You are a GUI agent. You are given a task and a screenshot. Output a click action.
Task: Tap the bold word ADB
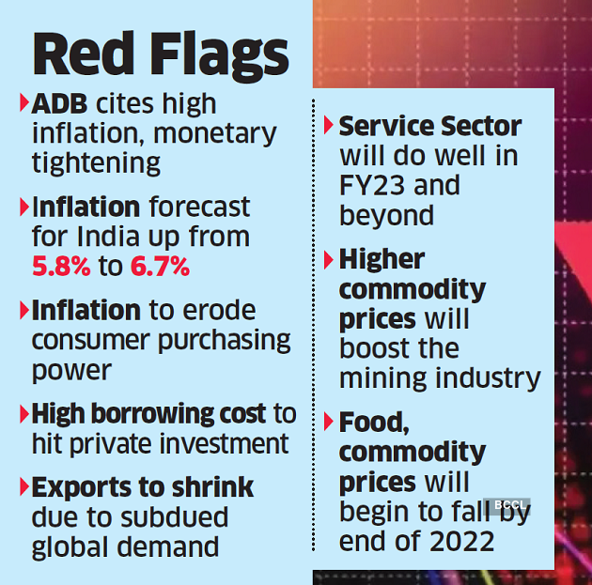click(x=59, y=103)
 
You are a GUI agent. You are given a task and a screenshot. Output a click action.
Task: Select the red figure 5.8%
click(x=60, y=267)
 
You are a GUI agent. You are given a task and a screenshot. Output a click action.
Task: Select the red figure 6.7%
click(x=160, y=267)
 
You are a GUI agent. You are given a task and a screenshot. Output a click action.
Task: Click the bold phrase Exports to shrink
click(x=143, y=487)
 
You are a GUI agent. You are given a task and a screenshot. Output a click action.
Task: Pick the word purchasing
click(x=225, y=340)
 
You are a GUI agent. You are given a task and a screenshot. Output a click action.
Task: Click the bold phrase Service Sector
click(x=430, y=126)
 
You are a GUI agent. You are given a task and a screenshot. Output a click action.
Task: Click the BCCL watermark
click(x=507, y=505)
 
